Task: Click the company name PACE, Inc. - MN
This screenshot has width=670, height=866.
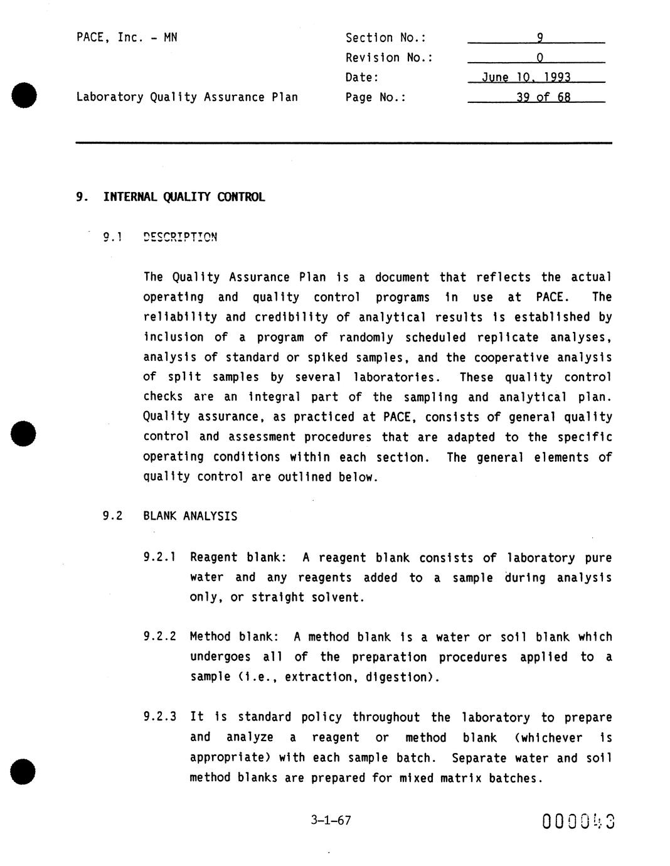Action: pos(127,38)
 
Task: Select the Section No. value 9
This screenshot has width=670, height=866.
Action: pos(539,38)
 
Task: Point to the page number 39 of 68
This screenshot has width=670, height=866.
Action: pos(543,97)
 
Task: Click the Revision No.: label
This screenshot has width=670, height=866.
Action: pos(389,58)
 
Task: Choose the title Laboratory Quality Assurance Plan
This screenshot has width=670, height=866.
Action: pos(187,97)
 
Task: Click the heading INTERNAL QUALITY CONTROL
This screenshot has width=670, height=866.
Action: pos(184,197)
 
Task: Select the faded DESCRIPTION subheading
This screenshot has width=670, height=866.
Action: pos(180,237)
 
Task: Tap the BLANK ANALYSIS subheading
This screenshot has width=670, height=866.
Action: pos(190,516)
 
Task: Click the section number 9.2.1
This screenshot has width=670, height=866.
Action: pos(159,557)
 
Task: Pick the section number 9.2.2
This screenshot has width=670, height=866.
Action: pos(159,637)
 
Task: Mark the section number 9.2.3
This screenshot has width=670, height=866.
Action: pos(159,717)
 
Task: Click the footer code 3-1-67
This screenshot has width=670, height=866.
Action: pos(331,820)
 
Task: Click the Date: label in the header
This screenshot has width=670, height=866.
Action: pos(362,78)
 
